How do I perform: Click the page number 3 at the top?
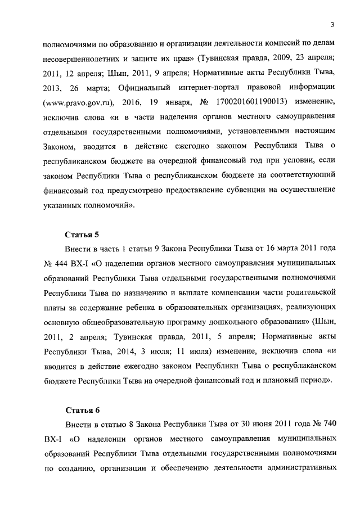(333, 24)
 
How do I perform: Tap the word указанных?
(65, 206)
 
